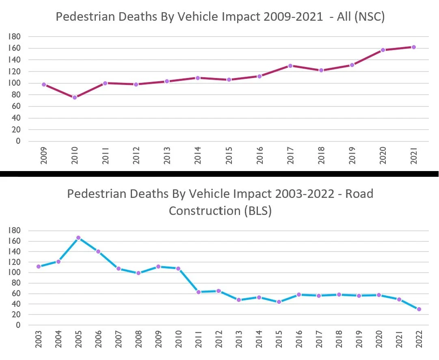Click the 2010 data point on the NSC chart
75,98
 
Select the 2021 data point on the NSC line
414,47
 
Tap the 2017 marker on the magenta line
290,65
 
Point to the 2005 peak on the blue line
78,238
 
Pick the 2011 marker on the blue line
199,292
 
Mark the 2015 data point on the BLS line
278,302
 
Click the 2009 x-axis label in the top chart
44,155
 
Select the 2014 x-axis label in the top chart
198,155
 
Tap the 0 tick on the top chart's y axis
18,141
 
